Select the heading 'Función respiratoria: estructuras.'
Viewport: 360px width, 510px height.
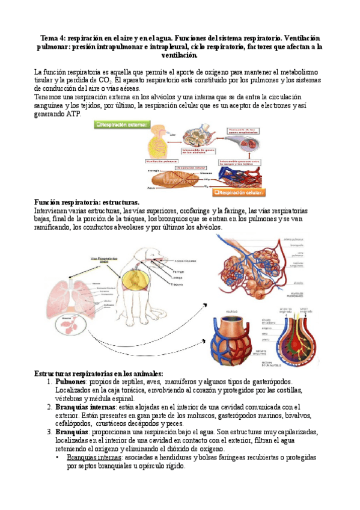pos(87,203)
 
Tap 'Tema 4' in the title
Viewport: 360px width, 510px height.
pos(50,38)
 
